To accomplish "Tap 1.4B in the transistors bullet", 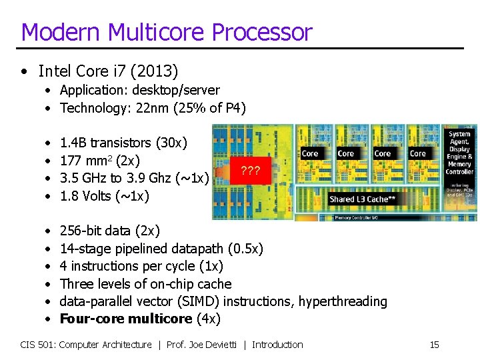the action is pos(73,143).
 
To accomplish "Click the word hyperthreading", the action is pos(343,301).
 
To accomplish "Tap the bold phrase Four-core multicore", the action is pos(125,319).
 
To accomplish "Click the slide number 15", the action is pos(434,345).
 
